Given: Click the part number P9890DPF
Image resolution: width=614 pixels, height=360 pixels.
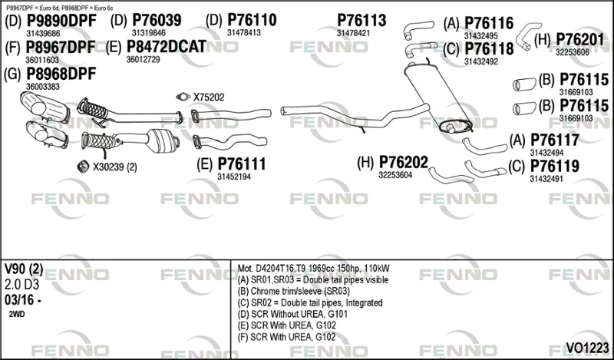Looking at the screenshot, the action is (x=61, y=21).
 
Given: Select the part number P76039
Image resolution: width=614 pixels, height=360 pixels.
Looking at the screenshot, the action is (x=157, y=21).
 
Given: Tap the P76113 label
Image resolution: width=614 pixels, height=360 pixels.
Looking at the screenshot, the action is (x=361, y=21).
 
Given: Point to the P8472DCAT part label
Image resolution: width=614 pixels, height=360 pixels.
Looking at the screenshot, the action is (x=167, y=47).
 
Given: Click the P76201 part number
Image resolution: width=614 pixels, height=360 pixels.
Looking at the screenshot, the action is (x=580, y=40).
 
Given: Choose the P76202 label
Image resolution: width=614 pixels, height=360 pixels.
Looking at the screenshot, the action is (x=404, y=162).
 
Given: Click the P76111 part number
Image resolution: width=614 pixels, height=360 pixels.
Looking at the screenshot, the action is (x=242, y=164).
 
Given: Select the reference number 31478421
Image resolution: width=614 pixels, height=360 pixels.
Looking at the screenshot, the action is (x=353, y=34).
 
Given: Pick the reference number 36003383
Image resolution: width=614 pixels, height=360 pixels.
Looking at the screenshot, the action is (x=43, y=87).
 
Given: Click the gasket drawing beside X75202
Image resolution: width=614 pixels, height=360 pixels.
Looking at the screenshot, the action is (x=183, y=97).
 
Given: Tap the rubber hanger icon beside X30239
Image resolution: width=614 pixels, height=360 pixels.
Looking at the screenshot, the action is (x=83, y=167).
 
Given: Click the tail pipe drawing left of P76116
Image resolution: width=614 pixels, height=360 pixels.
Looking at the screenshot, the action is (x=418, y=30).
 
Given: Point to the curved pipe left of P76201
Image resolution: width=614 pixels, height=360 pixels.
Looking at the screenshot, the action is (x=527, y=35).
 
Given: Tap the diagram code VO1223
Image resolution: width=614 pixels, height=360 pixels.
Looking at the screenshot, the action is (x=587, y=348).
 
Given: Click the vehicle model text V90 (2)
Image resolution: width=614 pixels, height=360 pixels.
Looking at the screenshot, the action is (x=24, y=269).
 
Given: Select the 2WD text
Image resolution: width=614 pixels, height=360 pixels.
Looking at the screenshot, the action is (x=16, y=314).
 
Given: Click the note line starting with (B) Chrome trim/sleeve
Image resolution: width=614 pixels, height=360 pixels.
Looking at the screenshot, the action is (x=293, y=292).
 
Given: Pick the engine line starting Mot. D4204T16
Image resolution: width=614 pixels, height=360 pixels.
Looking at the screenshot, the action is (x=313, y=269).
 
